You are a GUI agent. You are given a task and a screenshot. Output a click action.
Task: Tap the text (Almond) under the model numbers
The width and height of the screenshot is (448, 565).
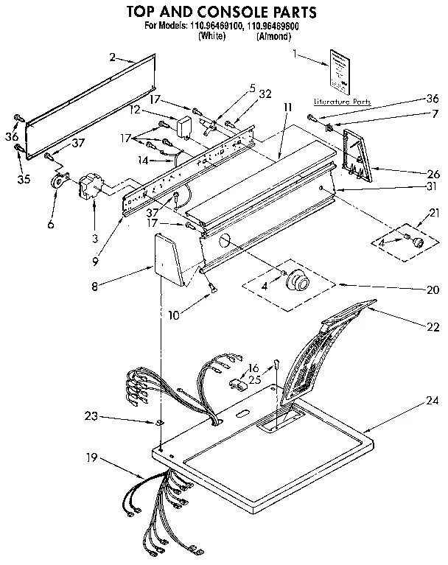273,35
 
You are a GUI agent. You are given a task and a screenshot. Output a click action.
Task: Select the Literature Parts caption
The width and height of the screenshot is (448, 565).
342,101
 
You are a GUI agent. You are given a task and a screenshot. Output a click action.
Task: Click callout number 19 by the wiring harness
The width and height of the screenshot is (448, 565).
91,457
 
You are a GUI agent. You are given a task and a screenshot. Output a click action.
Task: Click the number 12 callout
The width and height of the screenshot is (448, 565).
135,110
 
